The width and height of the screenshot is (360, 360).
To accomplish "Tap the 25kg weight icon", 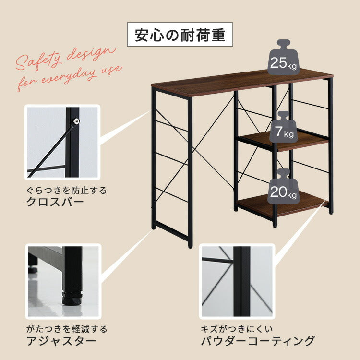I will click(x=283, y=60).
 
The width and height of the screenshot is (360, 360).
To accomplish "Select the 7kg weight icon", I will click(x=283, y=129).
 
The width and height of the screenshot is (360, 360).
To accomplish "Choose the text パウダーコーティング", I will click(x=257, y=341).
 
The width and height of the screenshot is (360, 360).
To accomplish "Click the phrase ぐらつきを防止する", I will click(x=66, y=190).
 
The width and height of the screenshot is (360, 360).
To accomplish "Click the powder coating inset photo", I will click(x=237, y=281).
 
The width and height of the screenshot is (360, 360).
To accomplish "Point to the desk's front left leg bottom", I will click(x=154, y=226).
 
